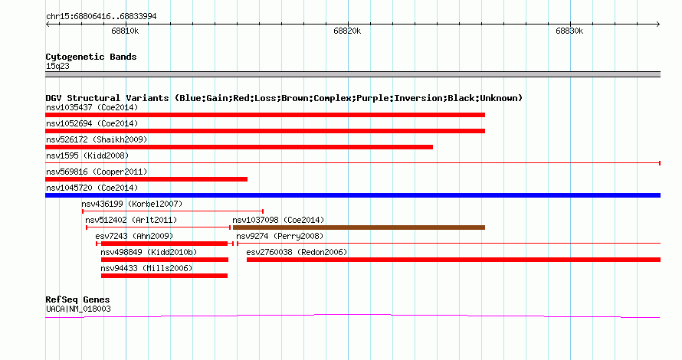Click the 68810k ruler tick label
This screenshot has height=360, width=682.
(x=125, y=31)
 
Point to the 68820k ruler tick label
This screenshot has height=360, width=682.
(x=347, y=31)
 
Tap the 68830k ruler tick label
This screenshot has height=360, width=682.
(x=569, y=31)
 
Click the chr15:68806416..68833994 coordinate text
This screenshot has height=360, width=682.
(x=101, y=17)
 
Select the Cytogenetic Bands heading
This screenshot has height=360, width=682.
(x=91, y=57)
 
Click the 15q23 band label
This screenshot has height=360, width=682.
(x=57, y=66)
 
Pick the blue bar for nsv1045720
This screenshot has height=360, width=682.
(x=352, y=195)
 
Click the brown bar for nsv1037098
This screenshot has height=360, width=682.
(x=359, y=227)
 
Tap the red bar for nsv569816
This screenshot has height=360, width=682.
(x=146, y=179)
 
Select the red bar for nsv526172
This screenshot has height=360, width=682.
(x=239, y=147)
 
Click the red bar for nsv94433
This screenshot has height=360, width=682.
(x=164, y=276)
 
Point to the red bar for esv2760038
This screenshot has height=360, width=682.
(x=454, y=260)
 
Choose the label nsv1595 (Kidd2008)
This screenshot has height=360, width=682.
(x=87, y=155)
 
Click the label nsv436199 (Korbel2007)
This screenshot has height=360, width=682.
(x=132, y=204)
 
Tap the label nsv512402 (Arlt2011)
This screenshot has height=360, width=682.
(x=131, y=220)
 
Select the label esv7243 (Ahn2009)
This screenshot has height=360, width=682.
(x=134, y=236)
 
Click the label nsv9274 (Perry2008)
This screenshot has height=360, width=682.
(x=280, y=236)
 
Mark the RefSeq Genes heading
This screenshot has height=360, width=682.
(x=77, y=299)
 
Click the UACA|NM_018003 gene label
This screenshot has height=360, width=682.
(x=78, y=309)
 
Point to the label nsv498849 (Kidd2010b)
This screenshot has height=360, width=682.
(x=149, y=252)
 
